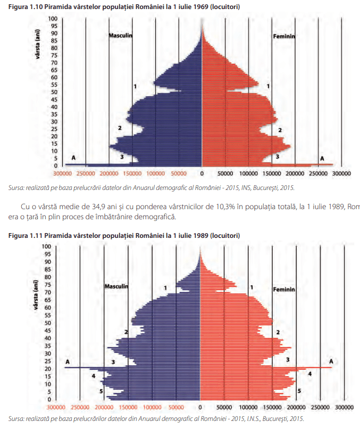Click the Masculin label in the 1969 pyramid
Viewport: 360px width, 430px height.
click(x=120, y=36)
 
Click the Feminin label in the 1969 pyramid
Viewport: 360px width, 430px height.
click(x=284, y=37)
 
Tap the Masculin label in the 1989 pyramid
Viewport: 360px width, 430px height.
click(x=117, y=286)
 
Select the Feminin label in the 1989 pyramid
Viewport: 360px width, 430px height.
click(x=284, y=290)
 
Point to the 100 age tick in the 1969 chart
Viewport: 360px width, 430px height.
click(x=54, y=19)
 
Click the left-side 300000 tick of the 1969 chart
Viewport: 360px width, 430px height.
click(x=63, y=173)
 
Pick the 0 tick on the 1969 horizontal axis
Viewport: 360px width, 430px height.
click(x=202, y=173)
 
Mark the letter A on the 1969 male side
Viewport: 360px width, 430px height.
click(x=73, y=158)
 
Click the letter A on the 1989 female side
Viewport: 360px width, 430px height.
click(x=331, y=361)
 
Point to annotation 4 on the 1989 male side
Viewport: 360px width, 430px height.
click(x=94, y=376)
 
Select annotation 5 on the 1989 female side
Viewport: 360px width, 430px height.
click(x=299, y=391)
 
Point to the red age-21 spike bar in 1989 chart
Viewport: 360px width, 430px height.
click(x=308, y=368)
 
